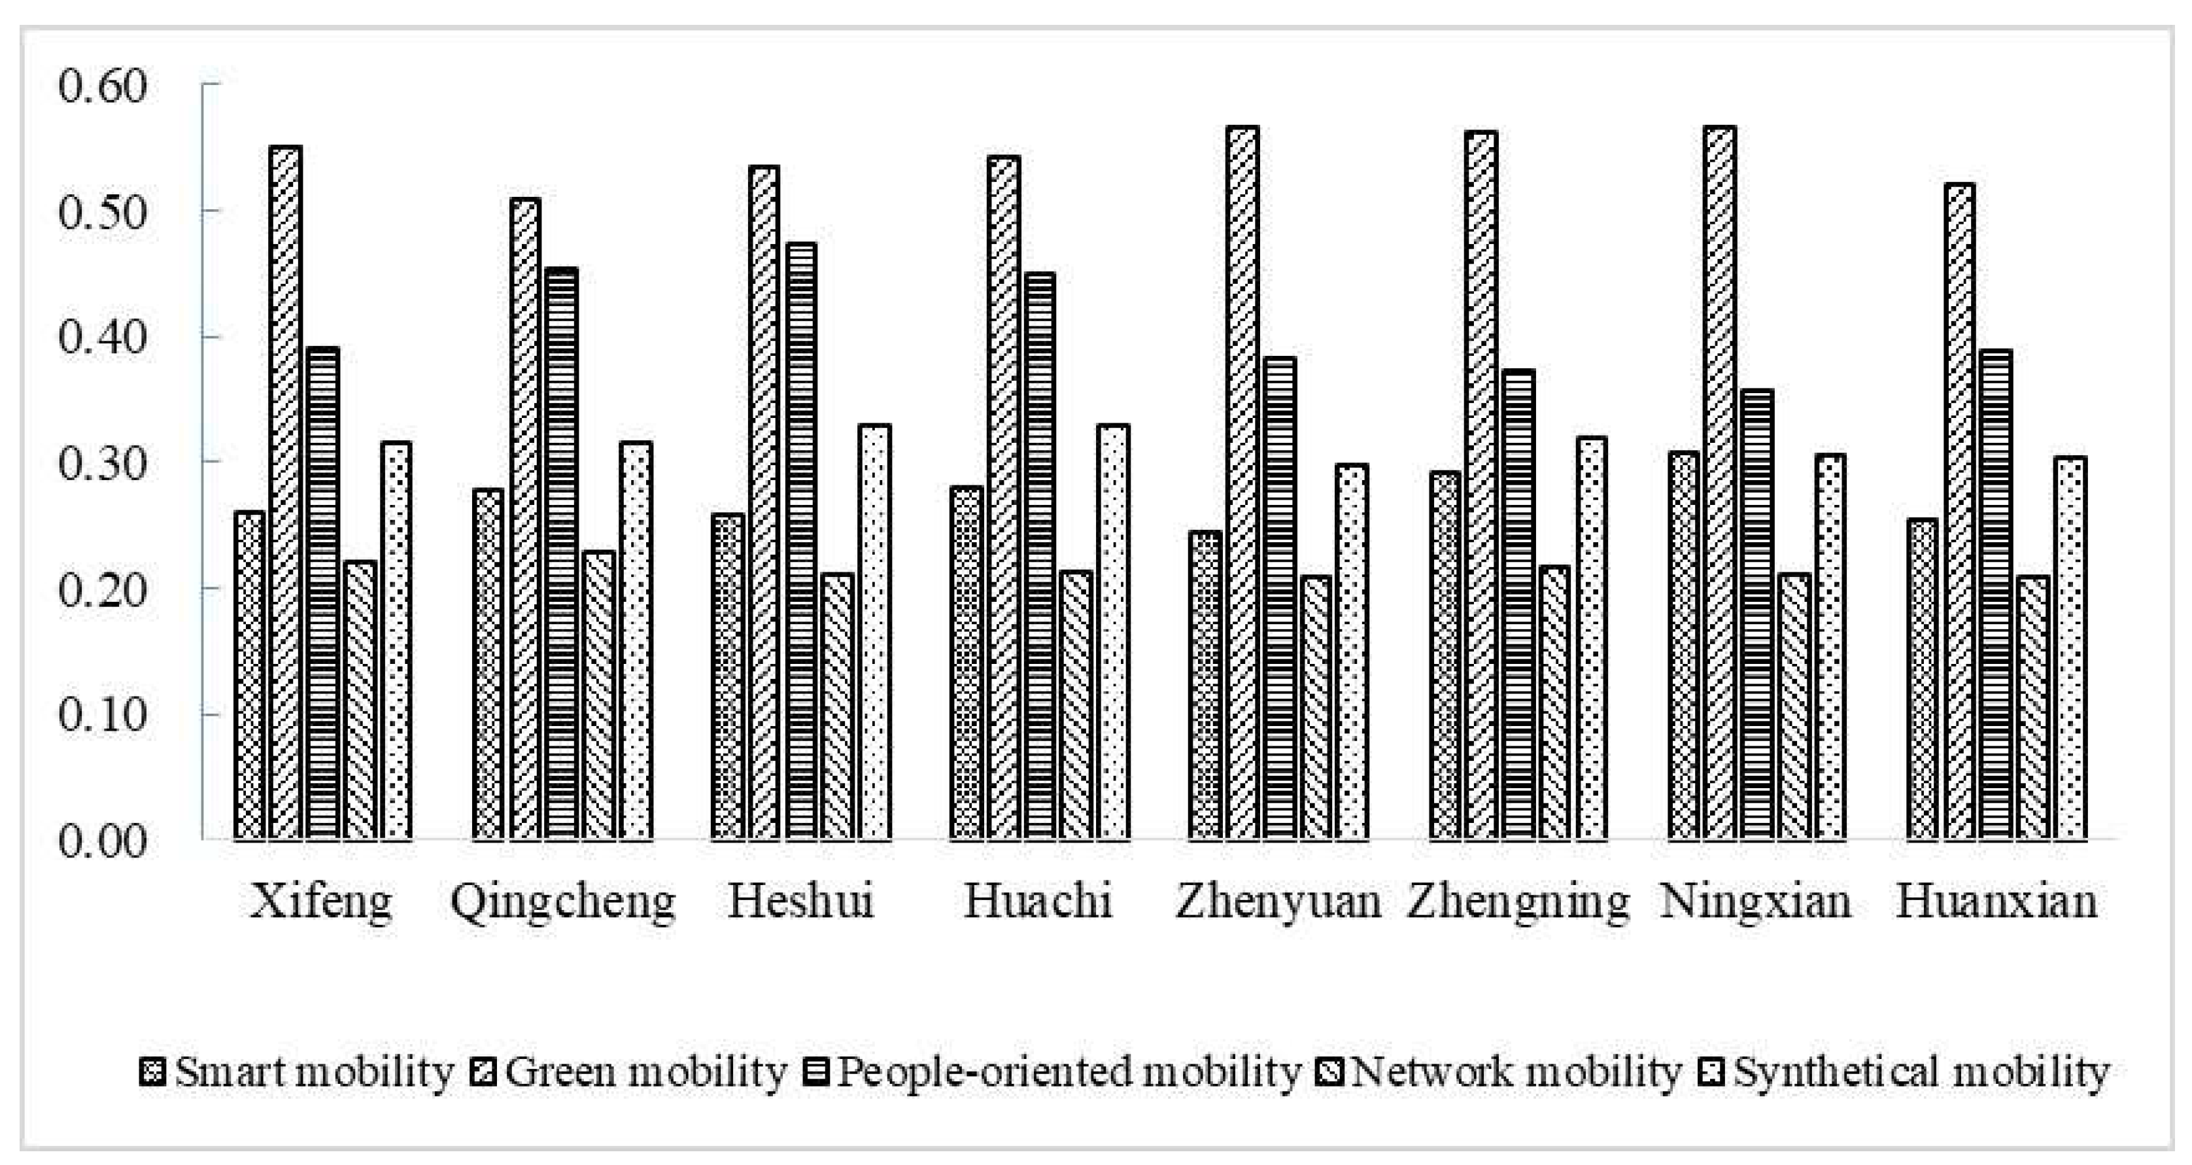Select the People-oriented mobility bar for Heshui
click(x=802, y=540)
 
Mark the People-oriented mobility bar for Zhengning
click(x=1519, y=604)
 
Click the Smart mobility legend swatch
click(x=152, y=1071)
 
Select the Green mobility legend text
click(x=646, y=1071)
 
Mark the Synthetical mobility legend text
click(x=1921, y=1071)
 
